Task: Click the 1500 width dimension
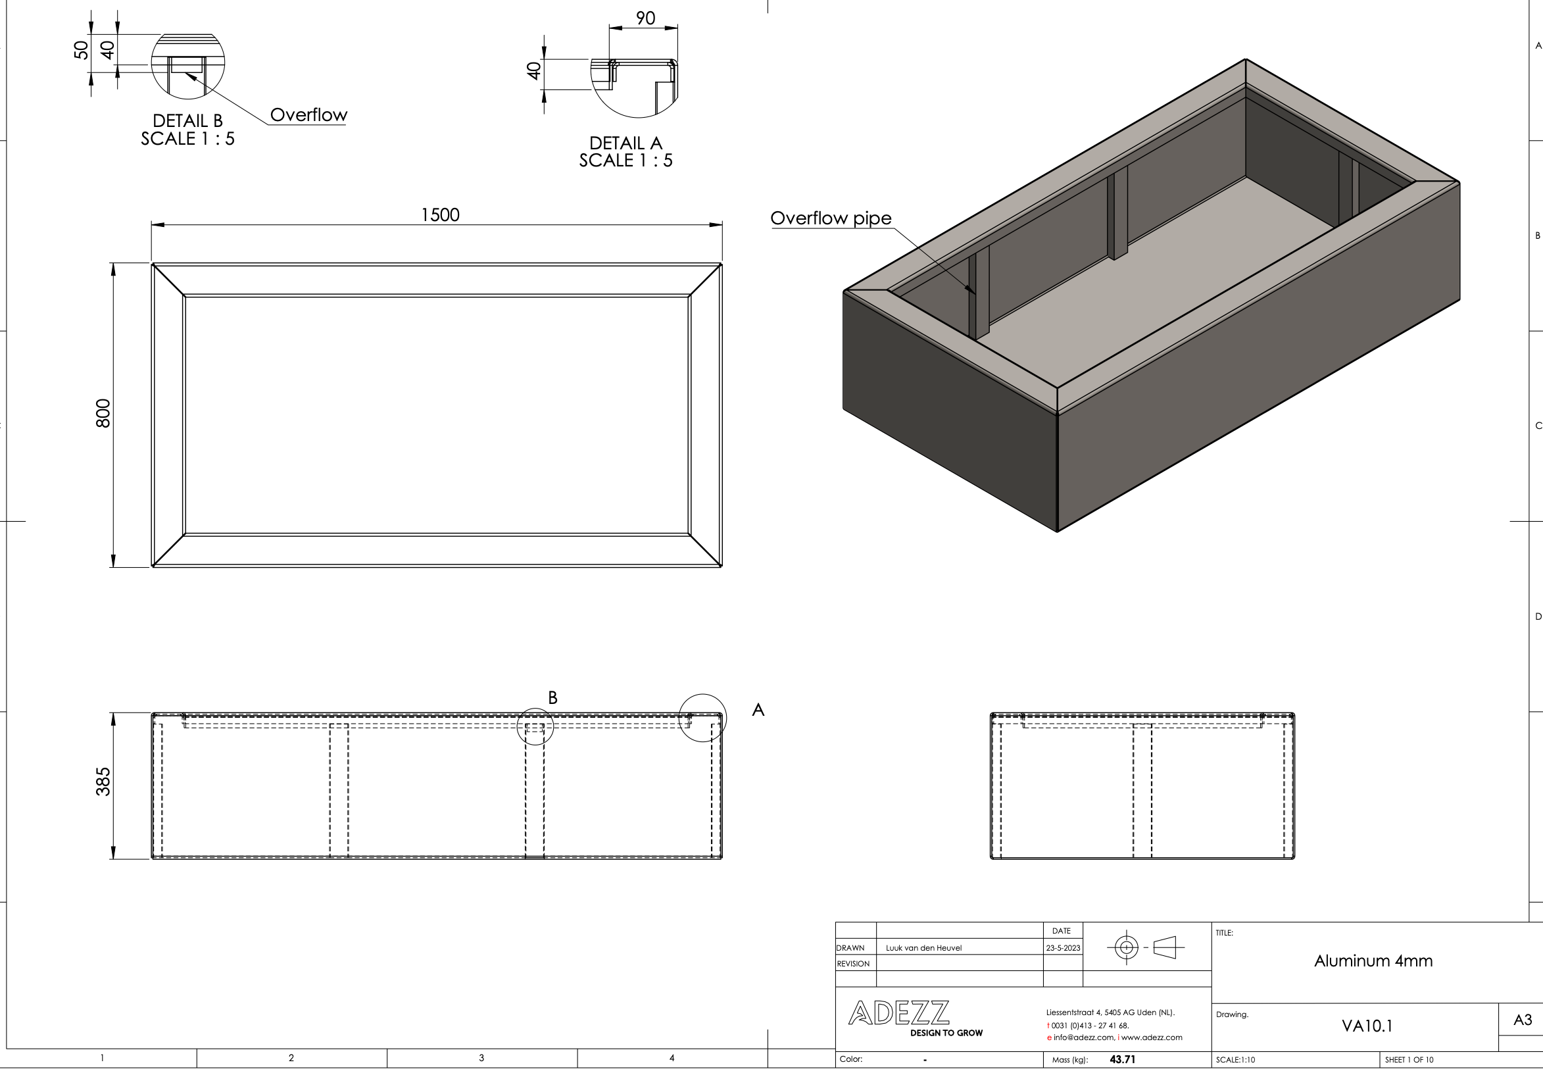tap(440, 215)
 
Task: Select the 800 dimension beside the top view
tap(103, 413)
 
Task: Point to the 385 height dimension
tap(103, 781)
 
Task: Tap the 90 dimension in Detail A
tap(645, 18)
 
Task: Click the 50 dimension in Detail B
tap(81, 51)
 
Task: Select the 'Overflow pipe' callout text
tap(831, 218)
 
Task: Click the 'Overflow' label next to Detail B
tap(308, 115)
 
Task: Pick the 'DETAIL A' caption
tap(625, 143)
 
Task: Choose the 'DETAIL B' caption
tap(187, 121)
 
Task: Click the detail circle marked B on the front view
tap(535, 727)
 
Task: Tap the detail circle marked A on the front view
tap(702, 718)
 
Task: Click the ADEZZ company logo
tap(899, 1013)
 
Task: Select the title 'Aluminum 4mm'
tap(1373, 961)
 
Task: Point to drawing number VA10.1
tap(1367, 1026)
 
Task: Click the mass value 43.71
tap(1122, 1059)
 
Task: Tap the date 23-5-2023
tap(1062, 948)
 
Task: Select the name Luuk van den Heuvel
tap(923, 948)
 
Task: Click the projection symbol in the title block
tap(1145, 948)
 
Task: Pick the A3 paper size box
tap(1522, 1020)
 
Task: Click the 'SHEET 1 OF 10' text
tap(1409, 1061)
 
